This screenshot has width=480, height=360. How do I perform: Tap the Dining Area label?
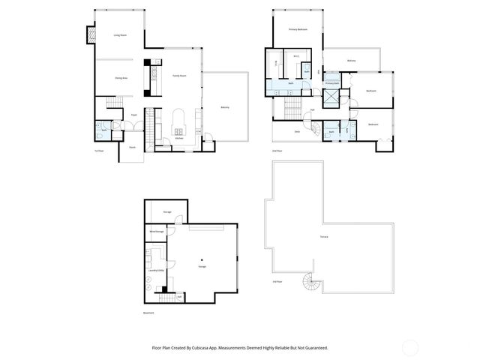click(120, 78)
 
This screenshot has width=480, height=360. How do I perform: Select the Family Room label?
click(180, 76)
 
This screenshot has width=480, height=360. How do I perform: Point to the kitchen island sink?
click(178, 125)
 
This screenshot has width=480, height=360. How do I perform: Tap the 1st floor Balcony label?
click(224, 107)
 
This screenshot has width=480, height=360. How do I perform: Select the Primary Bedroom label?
click(298, 29)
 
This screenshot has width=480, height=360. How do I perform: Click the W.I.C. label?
click(296, 56)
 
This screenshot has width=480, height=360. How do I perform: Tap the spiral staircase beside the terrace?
click(310, 284)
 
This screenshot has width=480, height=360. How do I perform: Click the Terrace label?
click(323, 238)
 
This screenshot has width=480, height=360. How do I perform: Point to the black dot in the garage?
click(201, 259)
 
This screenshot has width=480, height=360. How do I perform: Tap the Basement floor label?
click(148, 313)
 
